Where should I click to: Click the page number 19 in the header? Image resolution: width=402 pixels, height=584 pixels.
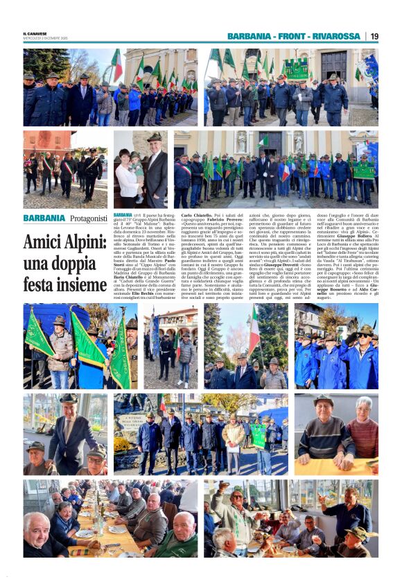coord(374,36)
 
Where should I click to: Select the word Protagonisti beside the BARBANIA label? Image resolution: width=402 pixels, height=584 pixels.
coord(88,218)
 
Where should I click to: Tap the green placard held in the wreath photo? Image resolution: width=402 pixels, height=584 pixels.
coord(258,436)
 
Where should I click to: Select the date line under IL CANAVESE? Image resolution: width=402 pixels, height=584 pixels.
coord(45,38)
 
